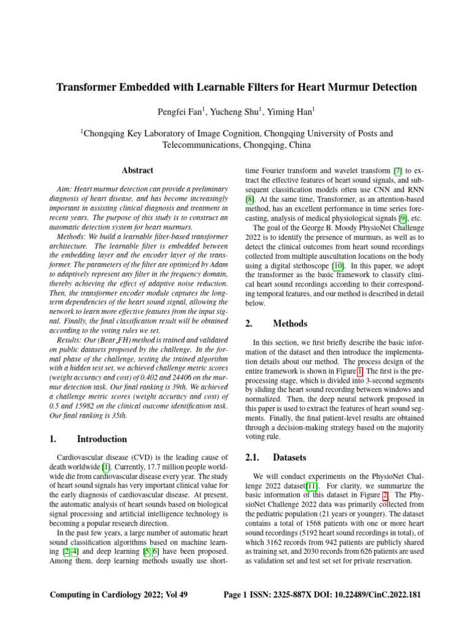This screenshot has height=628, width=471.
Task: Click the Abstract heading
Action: pos(138,170)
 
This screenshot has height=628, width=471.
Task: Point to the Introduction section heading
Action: pos(102,439)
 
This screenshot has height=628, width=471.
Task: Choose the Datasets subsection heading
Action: pos(289,458)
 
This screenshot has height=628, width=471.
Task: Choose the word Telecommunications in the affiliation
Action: pos(199,145)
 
